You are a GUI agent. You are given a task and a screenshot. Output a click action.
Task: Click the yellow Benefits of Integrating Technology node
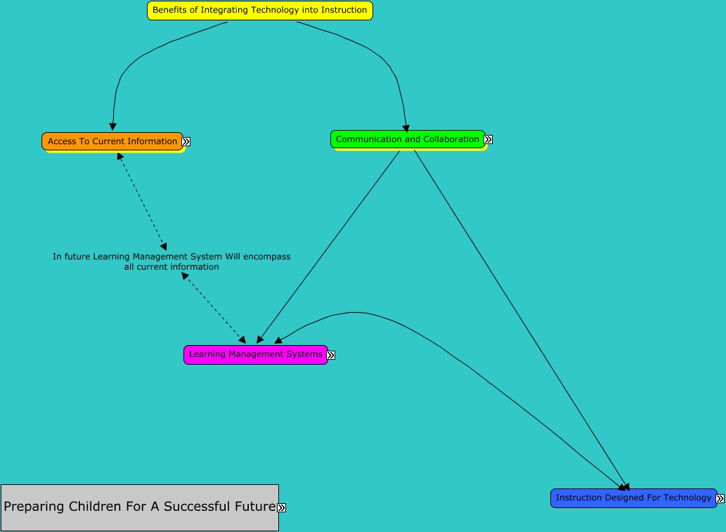point(259,11)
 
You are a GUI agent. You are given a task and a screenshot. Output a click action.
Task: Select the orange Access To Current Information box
point(112,141)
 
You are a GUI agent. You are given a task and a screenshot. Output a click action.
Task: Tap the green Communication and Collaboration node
point(408,139)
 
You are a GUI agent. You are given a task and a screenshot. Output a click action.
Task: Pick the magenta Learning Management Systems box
point(255,354)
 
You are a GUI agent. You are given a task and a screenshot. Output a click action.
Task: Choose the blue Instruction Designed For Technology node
point(633,498)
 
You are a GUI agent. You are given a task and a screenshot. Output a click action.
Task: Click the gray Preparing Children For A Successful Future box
point(139,507)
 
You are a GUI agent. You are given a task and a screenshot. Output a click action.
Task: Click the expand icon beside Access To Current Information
point(186,141)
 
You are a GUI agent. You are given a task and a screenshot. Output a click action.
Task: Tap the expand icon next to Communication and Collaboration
point(488,140)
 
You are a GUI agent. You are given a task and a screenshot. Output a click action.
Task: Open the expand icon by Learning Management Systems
point(331,355)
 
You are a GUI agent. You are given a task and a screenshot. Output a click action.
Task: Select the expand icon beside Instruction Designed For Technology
point(720,498)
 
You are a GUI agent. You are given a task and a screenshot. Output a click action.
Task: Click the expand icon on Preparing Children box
point(282,507)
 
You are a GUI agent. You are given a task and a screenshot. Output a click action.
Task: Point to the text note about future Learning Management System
point(171,261)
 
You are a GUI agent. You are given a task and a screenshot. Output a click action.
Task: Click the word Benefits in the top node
point(170,11)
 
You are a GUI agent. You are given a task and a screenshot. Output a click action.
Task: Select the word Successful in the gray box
point(195,507)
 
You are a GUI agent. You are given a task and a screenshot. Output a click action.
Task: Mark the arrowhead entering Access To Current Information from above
point(112,126)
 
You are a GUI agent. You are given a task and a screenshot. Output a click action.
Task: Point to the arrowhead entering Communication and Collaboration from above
point(406,128)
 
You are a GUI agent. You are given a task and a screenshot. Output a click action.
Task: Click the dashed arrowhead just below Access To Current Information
point(120,157)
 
